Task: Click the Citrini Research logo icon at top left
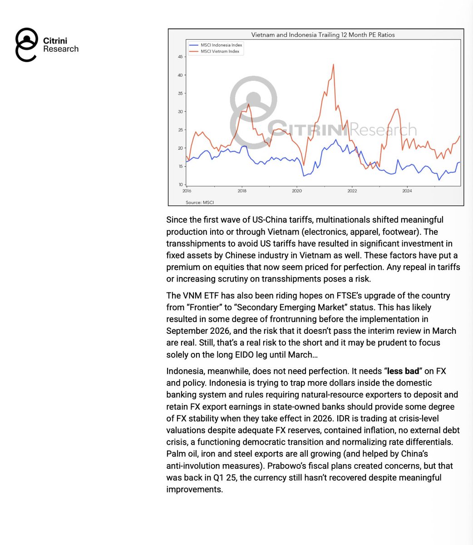pyautogui.click(x=26, y=45)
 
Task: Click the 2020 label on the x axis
pyautogui.click(x=296, y=191)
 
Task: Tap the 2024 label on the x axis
pyautogui.click(x=407, y=191)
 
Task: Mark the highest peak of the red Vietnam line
pyautogui.click(x=334, y=64)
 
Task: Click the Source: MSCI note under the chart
pyautogui.click(x=200, y=202)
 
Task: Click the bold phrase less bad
pyautogui.click(x=403, y=371)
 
